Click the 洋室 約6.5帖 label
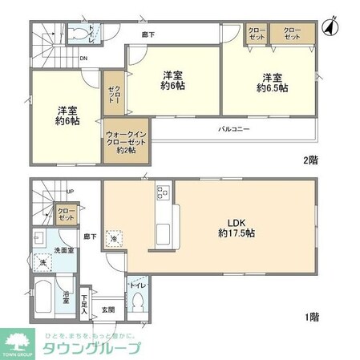coord(270,83)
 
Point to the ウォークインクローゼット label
coord(123,141)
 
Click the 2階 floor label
coord(311,160)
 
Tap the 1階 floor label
coord(311,318)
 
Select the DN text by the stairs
coord(84,59)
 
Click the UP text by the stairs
coord(71,192)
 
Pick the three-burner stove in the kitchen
coord(162,192)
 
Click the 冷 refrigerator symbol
coord(115,239)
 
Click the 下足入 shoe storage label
coord(85,303)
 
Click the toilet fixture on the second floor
coord(79,32)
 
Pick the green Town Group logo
coord(18,342)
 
